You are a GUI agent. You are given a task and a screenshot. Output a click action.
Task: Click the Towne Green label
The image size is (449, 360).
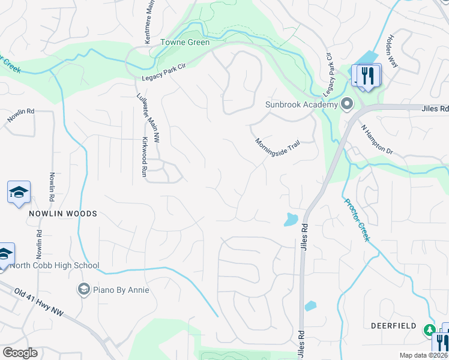(185, 43)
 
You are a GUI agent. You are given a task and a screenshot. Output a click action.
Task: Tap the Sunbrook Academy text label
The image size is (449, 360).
(303, 105)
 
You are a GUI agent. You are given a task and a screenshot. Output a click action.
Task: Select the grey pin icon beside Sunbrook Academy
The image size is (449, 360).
(347, 105)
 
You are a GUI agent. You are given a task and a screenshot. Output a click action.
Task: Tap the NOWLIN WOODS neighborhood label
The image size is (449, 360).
(62, 214)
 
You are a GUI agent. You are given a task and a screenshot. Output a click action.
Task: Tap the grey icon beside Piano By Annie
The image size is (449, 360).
(83, 290)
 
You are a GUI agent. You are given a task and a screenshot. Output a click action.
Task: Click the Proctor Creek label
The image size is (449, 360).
(357, 220)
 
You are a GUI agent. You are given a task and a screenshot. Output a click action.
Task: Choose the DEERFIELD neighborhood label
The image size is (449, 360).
(394, 325)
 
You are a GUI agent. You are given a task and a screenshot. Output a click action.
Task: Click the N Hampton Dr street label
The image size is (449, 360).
(376, 139)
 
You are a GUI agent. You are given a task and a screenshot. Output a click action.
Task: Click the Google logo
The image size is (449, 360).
(20, 353)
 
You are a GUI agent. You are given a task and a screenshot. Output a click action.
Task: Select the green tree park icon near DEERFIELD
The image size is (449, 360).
(429, 329)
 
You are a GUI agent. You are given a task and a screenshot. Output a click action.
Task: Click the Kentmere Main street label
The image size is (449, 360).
(148, 23)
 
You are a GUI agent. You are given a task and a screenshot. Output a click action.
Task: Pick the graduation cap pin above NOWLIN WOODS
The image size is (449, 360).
(19, 192)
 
